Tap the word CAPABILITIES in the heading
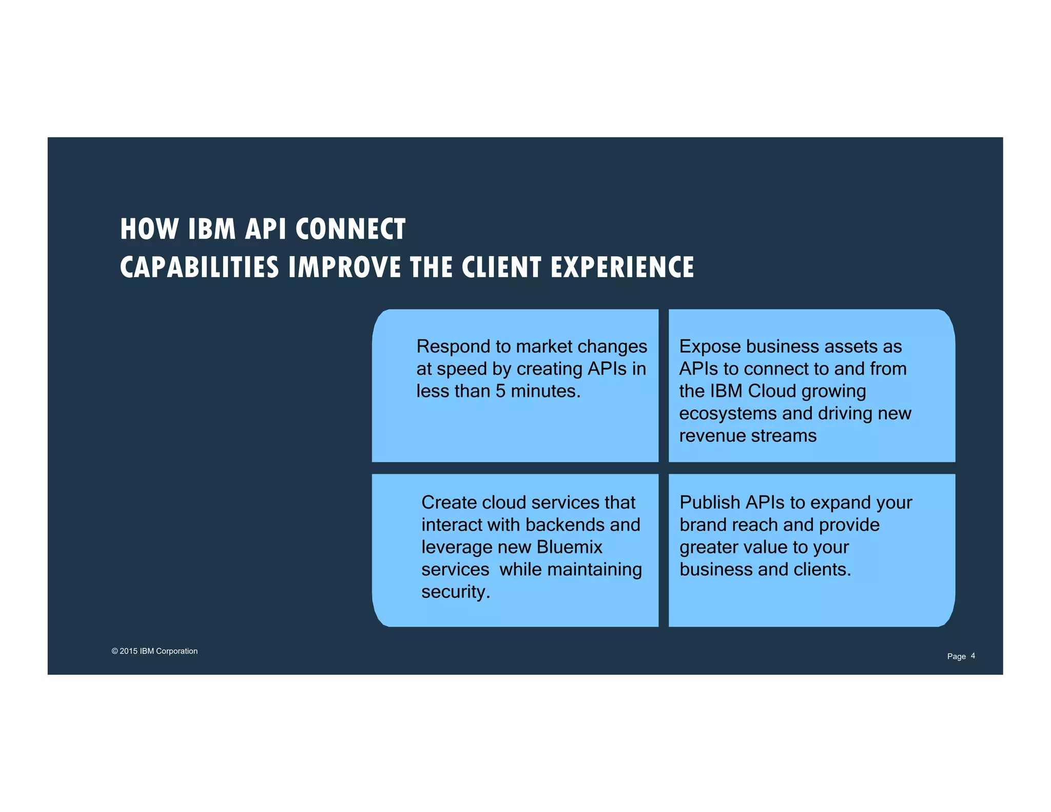pyautogui.click(x=199, y=267)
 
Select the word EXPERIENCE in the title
pyautogui.click(x=622, y=267)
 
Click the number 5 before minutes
pyautogui.click(x=500, y=391)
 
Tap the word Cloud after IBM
pyautogui.click(x=772, y=391)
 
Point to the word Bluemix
pyautogui.click(x=570, y=547)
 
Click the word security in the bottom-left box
pyautogui.click(x=454, y=592)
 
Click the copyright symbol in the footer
pyautogui.click(x=114, y=651)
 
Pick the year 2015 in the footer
pyautogui.click(x=128, y=651)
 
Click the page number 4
pyautogui.click(x=973, y=656)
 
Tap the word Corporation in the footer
pyautogui.click(x=177, y=651)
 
